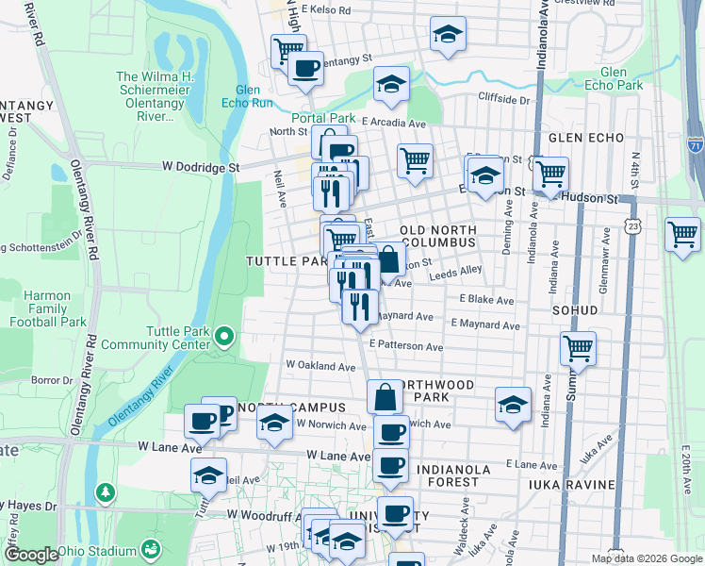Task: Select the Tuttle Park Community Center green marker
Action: click(x=223, y=336)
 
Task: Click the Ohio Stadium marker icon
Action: click(x=150, y=548)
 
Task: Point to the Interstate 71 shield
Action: click(x=695, y=146)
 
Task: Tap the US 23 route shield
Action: click(x=630, y=221)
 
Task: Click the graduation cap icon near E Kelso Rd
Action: click(x=448, y=35)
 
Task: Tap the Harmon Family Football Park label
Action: click(x=47, y=308)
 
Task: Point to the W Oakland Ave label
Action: click(x=320, y=365)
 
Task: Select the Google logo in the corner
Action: click(x=30, y=555)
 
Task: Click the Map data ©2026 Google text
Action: click(x=647, y=558)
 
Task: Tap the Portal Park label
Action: click(x=322, y=118)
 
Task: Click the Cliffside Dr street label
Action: click(x=504, y=99)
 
